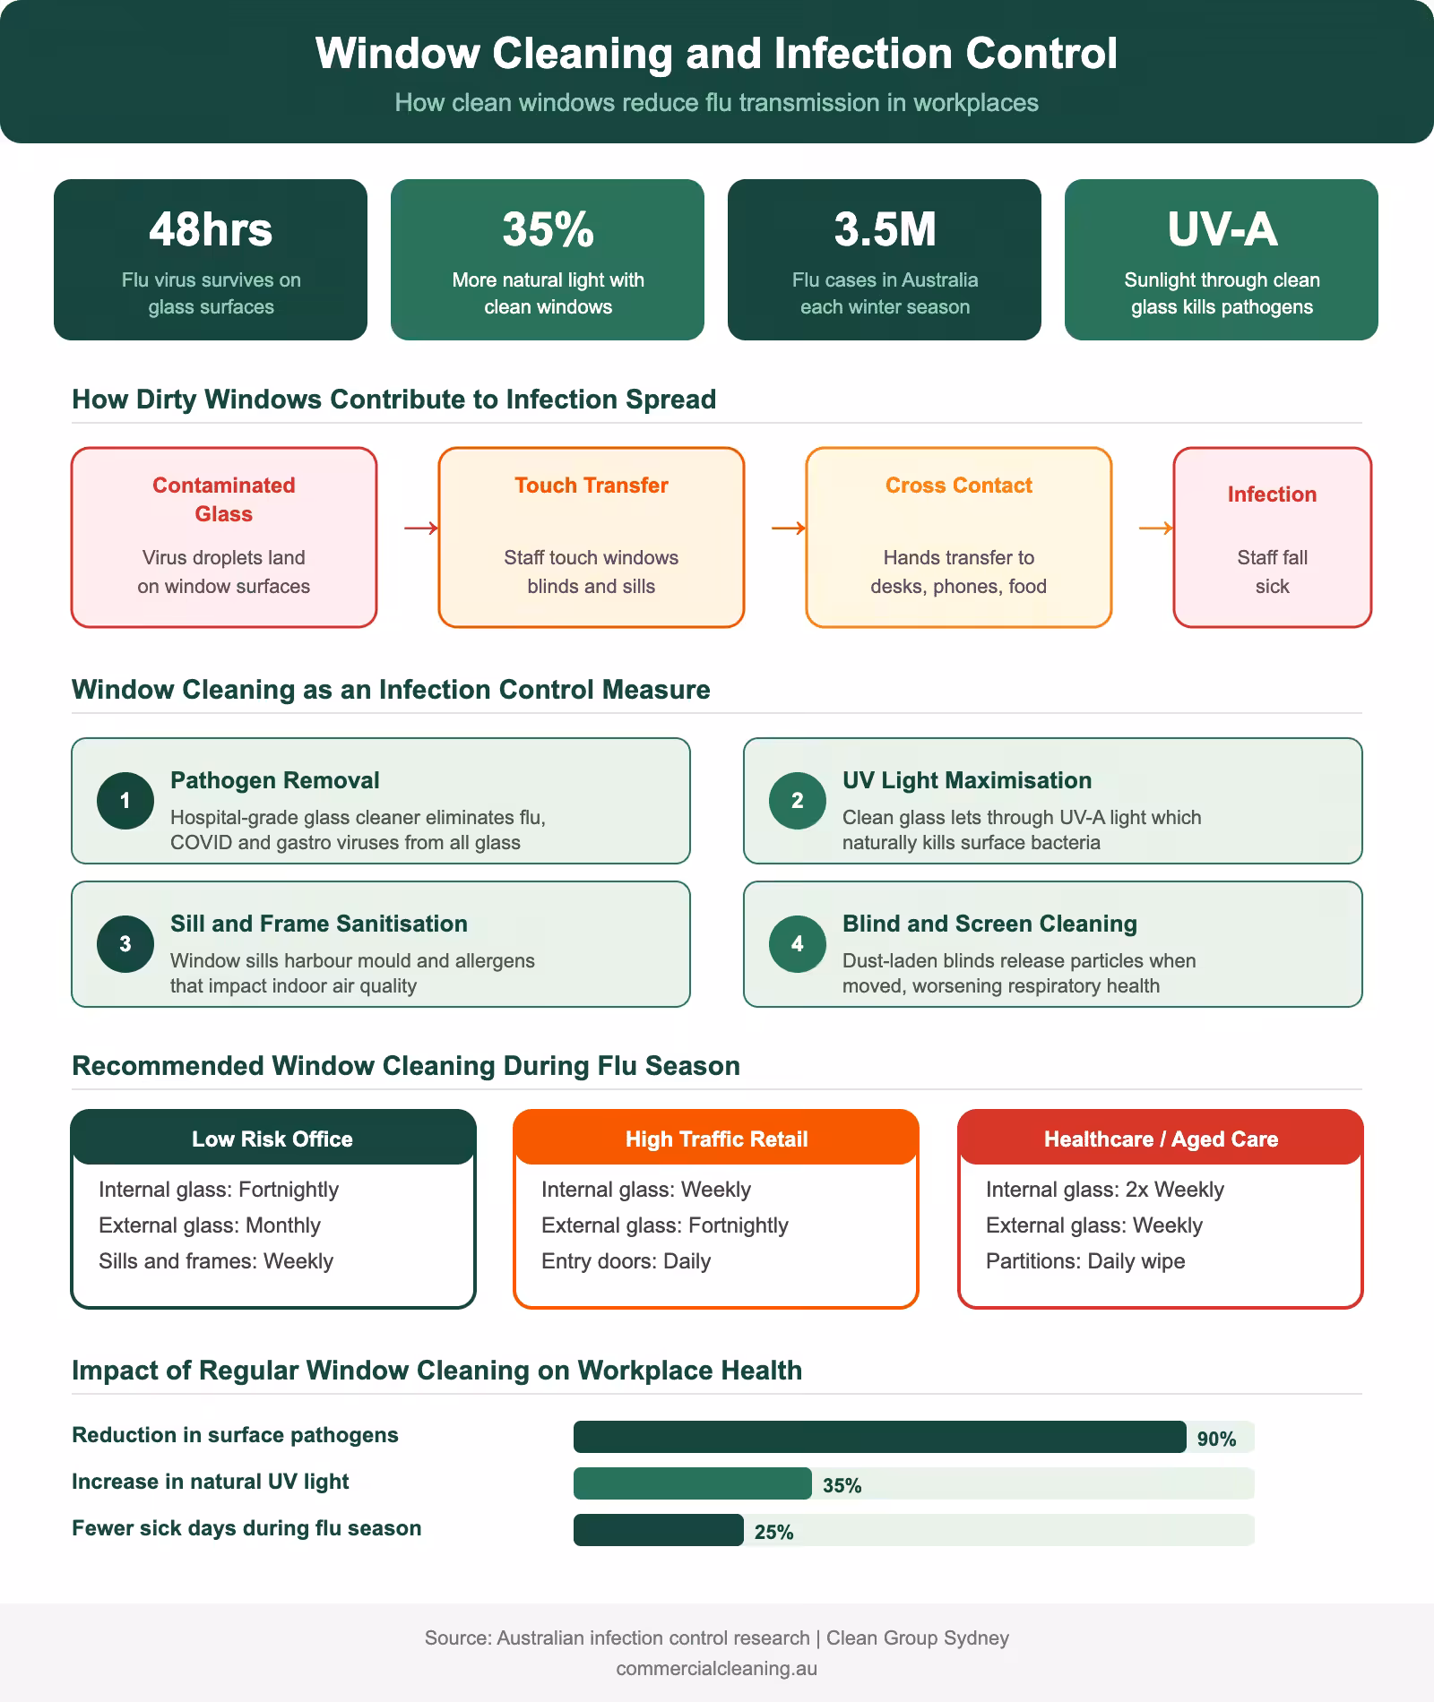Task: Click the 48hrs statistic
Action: [x=211, y=229]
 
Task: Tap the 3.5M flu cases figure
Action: [x=885, y=229]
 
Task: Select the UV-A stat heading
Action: [x=1222, y=229]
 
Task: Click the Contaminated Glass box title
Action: [x=224, y=499]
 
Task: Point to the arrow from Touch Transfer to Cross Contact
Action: [x=789, y=529]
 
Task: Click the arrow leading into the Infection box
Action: [x=1156, y=529]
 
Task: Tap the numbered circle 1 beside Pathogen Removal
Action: [x=125, y=801]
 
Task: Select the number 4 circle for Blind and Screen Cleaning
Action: [x=798, y=944]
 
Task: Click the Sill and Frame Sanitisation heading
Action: [x=319, y=924]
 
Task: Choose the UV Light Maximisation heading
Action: [x=967, y=780]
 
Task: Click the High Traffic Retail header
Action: [x=716, y=1139]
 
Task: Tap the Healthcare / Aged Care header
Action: [x=1161, y=1139]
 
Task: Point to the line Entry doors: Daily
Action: [x=626, y=1261]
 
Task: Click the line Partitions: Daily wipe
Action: [x=1085, y=1261]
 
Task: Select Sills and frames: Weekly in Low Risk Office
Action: [x=216, y=1261]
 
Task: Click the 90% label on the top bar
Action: [x=1216, y=1439]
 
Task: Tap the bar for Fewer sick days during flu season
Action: [x=659, y=1530]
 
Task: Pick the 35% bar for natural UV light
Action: [x=693, y=1483]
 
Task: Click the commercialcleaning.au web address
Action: [x=716, y=1669]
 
